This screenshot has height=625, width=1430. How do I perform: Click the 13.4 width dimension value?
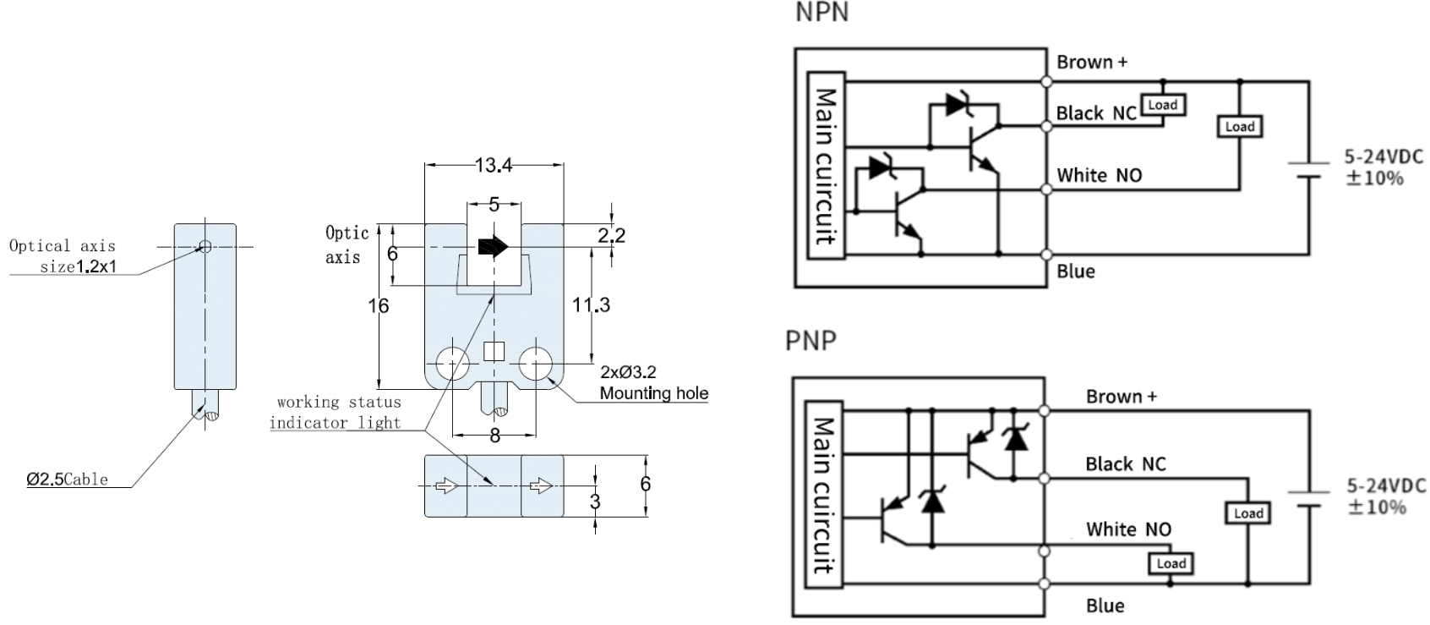[494, 165]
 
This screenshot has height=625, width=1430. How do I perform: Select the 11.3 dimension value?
[592, 304]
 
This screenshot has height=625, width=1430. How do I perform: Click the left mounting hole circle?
[452, 364]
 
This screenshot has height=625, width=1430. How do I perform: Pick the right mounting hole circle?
[535, 364]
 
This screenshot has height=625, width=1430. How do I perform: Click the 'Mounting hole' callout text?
[653, 393]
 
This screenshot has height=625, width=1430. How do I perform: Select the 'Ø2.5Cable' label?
[68, 480]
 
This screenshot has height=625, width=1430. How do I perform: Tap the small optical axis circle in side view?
[205, 247]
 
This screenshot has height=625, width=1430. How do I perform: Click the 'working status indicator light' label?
[336, 412]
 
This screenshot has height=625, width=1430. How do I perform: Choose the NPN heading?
[821, 13]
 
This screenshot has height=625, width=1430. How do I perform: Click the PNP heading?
[811, 340]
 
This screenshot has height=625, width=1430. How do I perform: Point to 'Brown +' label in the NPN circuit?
[1092, 63]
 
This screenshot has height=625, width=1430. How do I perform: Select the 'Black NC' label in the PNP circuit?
[1125, 464]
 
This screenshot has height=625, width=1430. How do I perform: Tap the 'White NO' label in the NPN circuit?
[1099, 176]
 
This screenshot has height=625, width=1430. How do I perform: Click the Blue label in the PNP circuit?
[1105, 606]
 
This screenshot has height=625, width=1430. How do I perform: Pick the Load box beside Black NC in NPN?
[1162, 105]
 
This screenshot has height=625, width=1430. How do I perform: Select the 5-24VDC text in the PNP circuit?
[1385, 486]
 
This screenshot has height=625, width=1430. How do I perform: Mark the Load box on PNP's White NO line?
[1171, 564]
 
